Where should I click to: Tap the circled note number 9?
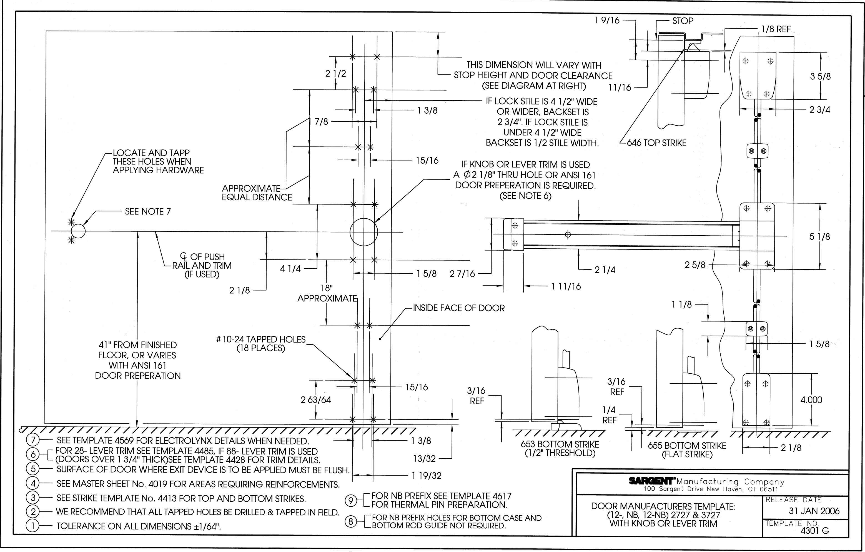pos(351,501)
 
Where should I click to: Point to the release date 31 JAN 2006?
pos(814,511)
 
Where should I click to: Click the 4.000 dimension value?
pos(811,400)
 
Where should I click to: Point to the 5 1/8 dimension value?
pos(820,236)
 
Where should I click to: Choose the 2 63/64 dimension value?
pos(316,400)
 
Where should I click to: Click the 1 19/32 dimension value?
pos(427,475)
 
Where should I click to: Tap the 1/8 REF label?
pos(776,29)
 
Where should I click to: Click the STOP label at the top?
pos(683,21)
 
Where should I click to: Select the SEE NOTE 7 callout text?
pos(148,211)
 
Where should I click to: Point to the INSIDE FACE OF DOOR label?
pos(459,308)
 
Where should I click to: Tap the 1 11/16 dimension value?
pos(566,286)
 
